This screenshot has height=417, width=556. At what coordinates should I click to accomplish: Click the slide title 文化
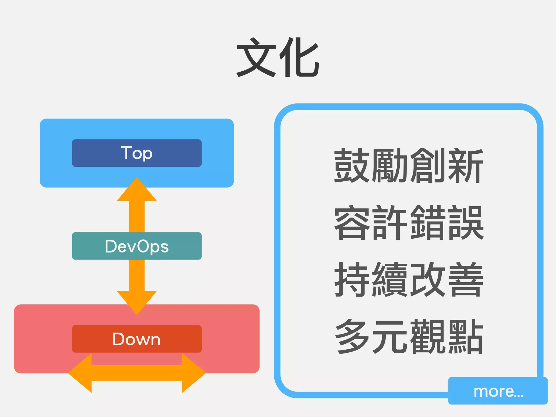[277, 58]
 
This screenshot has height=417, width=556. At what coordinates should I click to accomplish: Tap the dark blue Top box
[137, 153]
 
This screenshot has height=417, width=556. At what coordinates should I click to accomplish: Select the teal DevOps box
[137, 246]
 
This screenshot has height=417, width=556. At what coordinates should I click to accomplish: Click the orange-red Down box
[137, 339]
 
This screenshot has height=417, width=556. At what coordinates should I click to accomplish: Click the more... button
[498, 391]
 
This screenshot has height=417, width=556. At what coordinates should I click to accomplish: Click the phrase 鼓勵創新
[409, 166]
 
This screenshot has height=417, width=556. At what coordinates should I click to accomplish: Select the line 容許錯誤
[409, 223]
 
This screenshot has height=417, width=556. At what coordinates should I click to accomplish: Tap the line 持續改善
[409, 280]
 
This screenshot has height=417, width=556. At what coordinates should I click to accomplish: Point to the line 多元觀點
[409, 337]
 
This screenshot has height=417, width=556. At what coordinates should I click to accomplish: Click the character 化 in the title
[299, 58]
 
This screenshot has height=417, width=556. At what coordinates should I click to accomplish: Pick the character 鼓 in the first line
[352, 166]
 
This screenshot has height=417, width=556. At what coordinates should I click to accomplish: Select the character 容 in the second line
[352, 223]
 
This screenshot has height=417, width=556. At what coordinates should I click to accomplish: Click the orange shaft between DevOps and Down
[137, 275]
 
